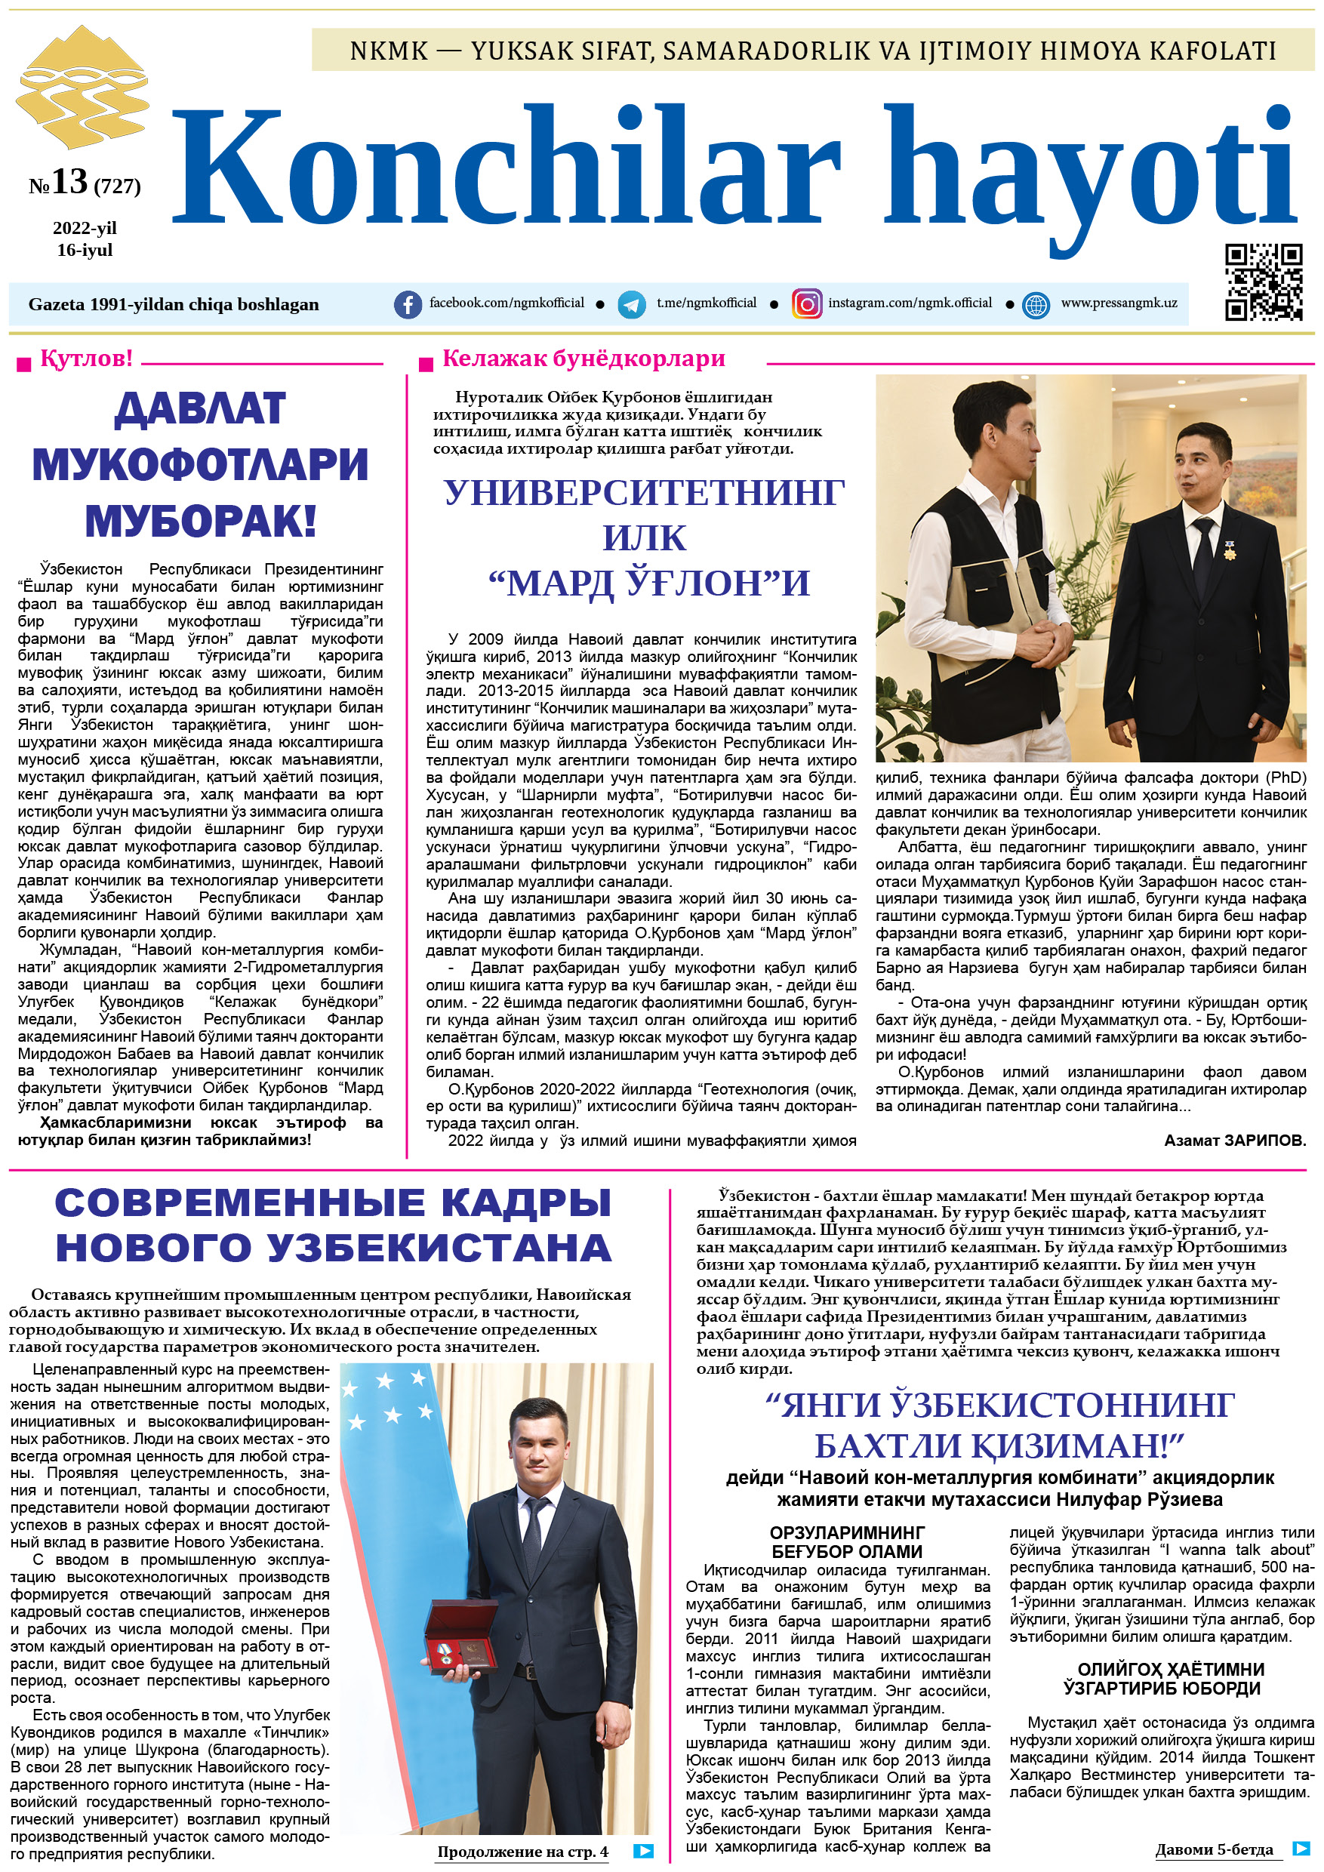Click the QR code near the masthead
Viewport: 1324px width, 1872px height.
(x=1263, y=282)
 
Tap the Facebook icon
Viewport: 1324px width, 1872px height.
(x=408, y=304)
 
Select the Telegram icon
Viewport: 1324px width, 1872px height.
(x=631, y=304)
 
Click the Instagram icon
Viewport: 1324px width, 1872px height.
(x=806, y=304)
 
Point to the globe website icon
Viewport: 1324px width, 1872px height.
(x=1036, y=305)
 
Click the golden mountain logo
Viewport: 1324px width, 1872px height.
(x=82, y=88)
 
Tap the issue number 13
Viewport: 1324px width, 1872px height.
(x=69, y=181)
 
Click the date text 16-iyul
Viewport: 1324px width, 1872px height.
(x=85, y=251)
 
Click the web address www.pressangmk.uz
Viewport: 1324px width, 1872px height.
(x=1119, y=303)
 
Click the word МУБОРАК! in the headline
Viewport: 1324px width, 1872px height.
(x=201, y=522)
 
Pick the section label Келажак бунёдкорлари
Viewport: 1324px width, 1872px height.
(x=583, y=359)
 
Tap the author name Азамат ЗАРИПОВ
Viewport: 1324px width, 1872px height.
(x=1234, y=1141)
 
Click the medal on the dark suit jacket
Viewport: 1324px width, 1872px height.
(x=1230, y=550)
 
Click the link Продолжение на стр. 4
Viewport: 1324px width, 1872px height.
(x=522, y=1852)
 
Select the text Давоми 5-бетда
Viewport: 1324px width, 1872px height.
(x=1213, y=1849)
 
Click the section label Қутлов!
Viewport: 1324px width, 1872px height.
(x=86, y=359)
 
